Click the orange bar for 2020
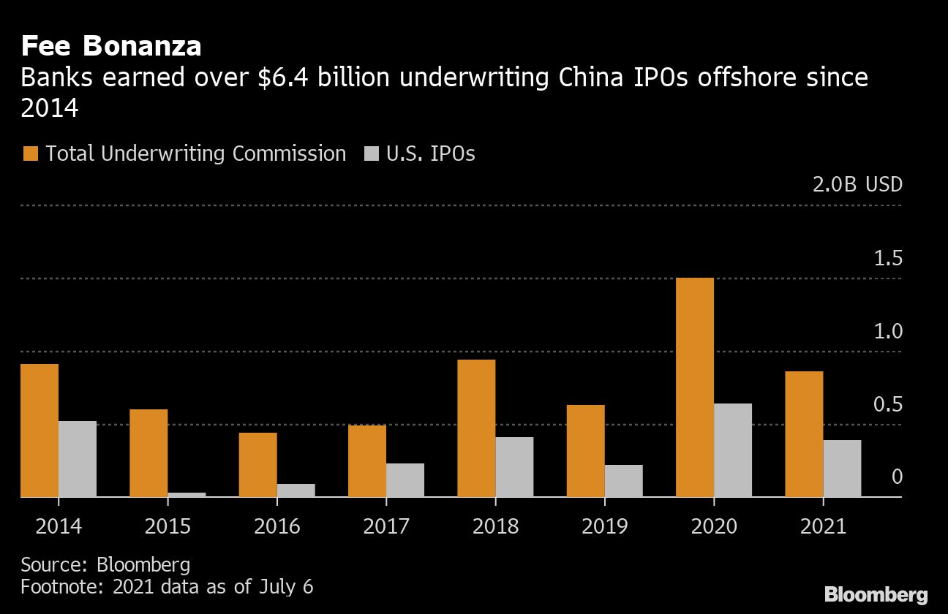695,387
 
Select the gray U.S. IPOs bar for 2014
78,459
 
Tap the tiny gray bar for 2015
187,495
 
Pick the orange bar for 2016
257,465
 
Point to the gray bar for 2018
514,467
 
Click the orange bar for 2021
804,434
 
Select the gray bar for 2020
733,450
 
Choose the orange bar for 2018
476,428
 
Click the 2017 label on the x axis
386,526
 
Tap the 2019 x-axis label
605,526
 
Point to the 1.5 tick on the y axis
887,259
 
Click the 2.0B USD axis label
857,184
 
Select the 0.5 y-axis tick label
887,405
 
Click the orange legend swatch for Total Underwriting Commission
30,153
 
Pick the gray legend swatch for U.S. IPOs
371,153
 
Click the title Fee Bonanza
111,46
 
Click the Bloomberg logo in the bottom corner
876,594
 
